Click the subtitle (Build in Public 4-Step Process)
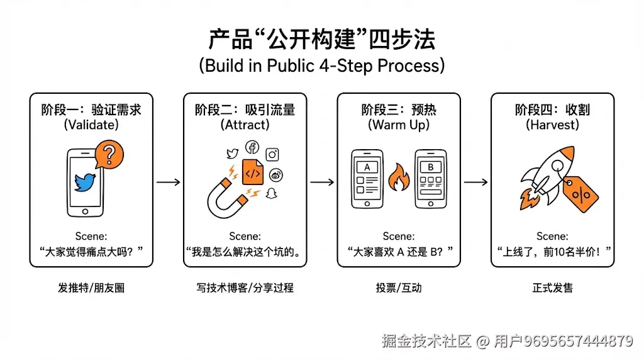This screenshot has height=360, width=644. click(321, 65)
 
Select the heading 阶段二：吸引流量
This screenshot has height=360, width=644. click(245, 110)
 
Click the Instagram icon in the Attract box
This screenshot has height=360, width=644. click(272, 154)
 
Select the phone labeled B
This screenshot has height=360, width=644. click(431, 179)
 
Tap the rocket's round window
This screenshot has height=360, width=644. click(556, 166)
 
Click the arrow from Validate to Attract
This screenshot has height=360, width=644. click(168, 182)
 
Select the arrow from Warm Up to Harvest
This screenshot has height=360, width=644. click(475, 182)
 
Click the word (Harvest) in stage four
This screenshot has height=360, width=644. click(552, 125)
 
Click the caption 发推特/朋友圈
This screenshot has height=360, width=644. click(91, 288)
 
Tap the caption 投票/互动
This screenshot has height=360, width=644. click(398, 288)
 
